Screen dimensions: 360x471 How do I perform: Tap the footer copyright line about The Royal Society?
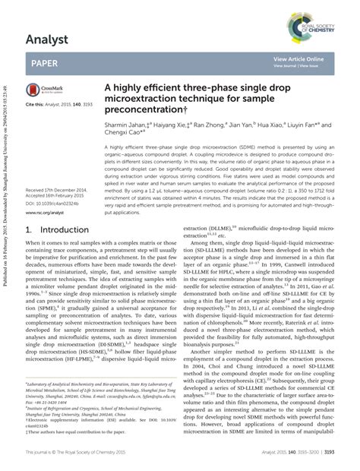(x=88, y=451)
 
